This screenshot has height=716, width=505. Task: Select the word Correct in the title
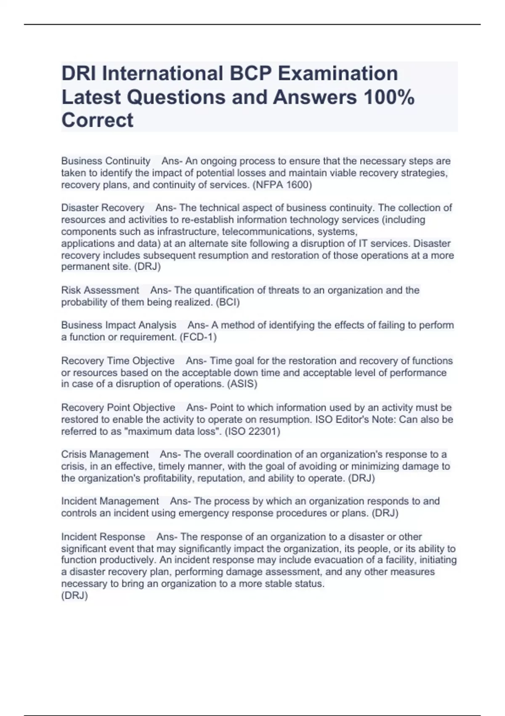[x=97, y=120]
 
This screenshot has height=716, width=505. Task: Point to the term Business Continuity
[x=106, y=161]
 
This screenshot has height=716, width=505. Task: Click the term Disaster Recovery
[x=103, y=208]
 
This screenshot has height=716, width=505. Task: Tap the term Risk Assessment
[x=100, y=290]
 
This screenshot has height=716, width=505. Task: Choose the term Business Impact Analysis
[x=119, y=325]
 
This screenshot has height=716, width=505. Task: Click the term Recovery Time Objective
[x=118, y=361]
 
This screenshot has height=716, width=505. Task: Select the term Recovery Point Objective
[x=118, y=408]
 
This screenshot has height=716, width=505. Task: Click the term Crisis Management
[x=105, y=454]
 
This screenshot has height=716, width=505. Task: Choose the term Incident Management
[x=110, y=501]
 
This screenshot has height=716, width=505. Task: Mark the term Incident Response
[x=103, y=537]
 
